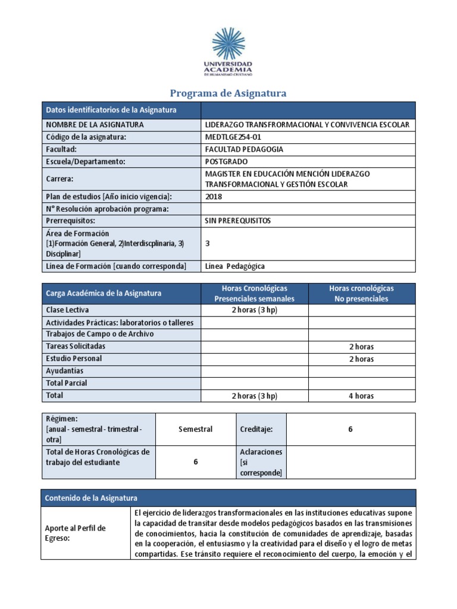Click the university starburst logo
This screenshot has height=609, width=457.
(228, 43)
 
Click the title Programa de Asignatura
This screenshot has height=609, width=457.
(228, 93)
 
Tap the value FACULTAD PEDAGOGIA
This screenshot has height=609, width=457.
(244, 149)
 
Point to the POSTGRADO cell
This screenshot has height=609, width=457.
(226, 161)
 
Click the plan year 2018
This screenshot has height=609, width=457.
(213, 196)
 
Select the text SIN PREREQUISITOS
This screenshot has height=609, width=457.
(237, 221)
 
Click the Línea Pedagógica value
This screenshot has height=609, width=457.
(235, 266)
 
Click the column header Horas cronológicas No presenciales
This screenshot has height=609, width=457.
(361, 293)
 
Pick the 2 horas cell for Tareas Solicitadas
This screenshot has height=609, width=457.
(361, 347)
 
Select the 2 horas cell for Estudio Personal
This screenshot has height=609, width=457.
(361, 359)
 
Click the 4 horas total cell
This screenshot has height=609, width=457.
(361, 396)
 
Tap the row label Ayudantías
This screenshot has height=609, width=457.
(65, 371)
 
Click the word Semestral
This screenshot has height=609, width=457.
(195, 429)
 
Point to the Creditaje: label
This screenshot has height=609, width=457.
(256, 429)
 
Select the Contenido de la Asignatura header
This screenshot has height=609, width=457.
(92, 498)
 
